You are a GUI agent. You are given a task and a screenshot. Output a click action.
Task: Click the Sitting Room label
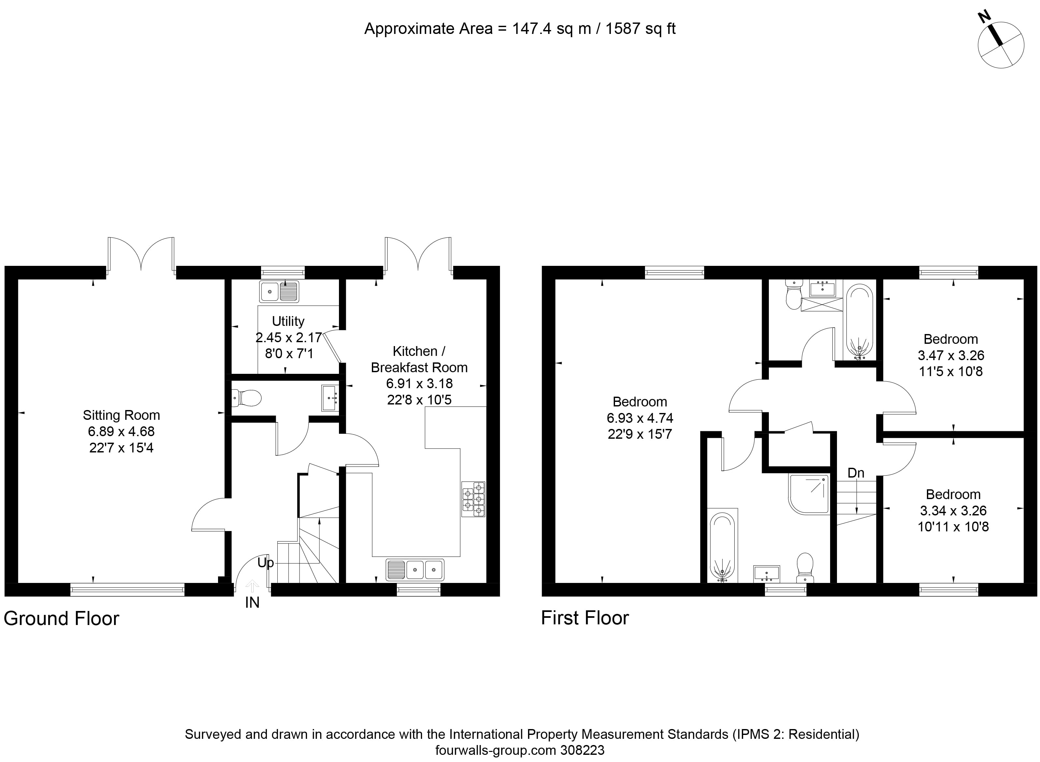point(121,415)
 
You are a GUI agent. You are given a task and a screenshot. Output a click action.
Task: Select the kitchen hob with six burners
point(473,499)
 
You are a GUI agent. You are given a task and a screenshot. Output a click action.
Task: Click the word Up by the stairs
point(265,563)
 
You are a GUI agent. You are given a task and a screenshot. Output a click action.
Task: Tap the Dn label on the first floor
point(856,473)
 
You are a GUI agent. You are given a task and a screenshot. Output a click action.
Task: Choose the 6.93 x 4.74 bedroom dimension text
point(639,418)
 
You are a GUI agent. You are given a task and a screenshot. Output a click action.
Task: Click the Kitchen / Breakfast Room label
point(419,359)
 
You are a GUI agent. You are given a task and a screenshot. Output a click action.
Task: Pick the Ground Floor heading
point(61,618)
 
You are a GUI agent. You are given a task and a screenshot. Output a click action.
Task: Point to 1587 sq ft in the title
point(640,29)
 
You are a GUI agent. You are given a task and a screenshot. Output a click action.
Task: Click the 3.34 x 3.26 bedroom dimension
point(953,511)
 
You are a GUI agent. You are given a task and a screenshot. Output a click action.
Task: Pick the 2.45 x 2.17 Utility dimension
point(288,337)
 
